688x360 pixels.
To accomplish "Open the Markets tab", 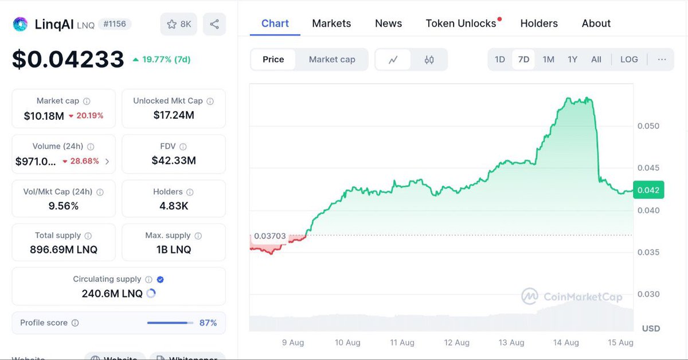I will click(331, 24).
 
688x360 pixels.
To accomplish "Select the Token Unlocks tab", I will click(461, 24).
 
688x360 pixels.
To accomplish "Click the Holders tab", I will click(539, 24).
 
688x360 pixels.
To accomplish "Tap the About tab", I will click(596, 24).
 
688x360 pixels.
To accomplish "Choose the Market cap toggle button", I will click(332, 60).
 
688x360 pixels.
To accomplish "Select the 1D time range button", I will click(500, 60).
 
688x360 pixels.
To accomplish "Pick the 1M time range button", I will click(549, 60).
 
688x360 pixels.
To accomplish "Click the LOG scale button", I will click(629, 60).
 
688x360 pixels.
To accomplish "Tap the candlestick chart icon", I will click(429, 60).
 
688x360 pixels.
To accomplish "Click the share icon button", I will click(214, 24).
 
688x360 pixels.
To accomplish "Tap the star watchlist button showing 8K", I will click(179, 24).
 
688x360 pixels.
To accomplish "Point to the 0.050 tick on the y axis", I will click(648, 126).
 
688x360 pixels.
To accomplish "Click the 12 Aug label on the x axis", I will click(457, 343).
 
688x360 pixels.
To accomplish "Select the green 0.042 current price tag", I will click(648, 190).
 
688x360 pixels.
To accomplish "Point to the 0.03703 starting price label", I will click(270, 236).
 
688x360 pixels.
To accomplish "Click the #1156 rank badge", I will click(115, 24).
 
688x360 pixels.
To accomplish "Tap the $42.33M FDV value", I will click(174, 161).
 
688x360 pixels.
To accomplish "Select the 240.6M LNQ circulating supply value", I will click(112, 294).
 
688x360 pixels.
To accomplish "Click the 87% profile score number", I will click(208, 323).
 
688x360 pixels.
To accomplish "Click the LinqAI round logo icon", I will click(21, 24).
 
